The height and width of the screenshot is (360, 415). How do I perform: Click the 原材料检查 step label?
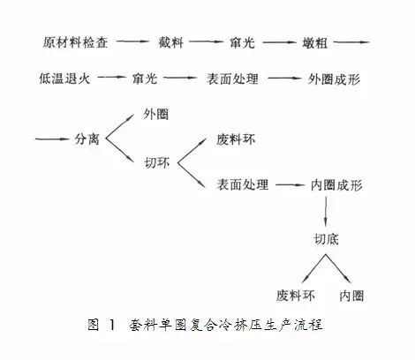[x=75, y=42]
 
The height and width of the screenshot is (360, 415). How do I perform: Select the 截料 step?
[x=171, y=42]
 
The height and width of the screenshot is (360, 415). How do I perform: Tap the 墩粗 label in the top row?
[x=315, y=43]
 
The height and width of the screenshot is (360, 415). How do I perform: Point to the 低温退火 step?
[x=64, y=79]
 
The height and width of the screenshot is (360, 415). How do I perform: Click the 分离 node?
[x=87, y=139]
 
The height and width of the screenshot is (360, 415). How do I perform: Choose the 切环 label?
[x=157, y=162]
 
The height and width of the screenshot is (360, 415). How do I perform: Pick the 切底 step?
[x=326, y=239]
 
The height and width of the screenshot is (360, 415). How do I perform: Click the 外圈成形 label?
[x=334, y=79]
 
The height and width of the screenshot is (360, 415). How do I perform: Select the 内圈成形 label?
[x=336, y=185]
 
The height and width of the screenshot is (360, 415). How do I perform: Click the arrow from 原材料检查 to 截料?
[x=133, y=41]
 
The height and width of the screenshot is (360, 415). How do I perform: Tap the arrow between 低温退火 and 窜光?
[x=111, y=77]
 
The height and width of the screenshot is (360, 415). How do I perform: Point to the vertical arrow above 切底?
[x=326, y=212]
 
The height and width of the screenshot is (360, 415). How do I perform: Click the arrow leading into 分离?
[x=52, y=139]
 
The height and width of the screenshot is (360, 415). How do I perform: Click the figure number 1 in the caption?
[x=112, y=325]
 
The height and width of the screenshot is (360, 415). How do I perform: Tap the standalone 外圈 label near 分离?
[x=156, y=114]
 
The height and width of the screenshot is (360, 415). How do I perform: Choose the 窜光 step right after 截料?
[x=242, y=43]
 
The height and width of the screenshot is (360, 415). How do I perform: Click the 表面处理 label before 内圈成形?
[x=243, y=184]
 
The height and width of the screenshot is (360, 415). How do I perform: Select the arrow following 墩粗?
[x=351, y=42]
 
